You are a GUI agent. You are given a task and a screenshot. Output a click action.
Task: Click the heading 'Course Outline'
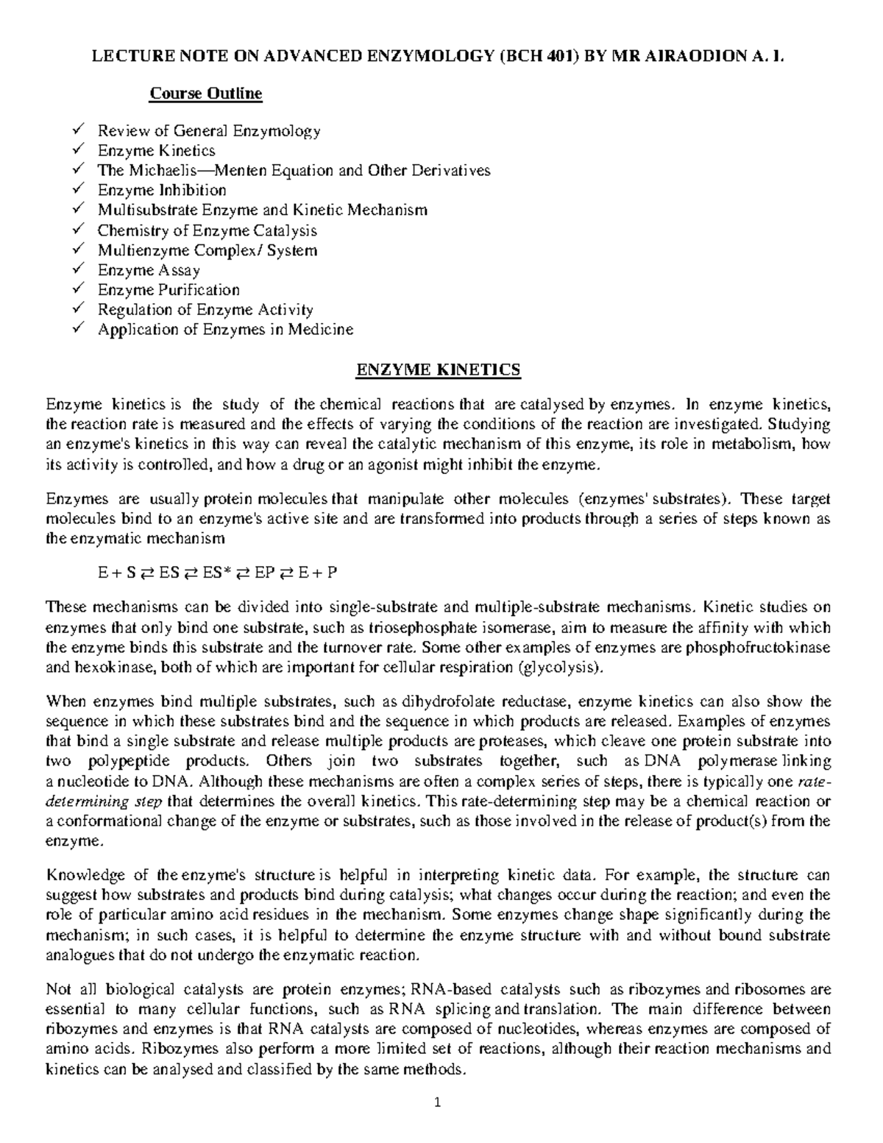205,93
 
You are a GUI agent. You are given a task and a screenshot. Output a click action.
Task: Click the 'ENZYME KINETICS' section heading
438,369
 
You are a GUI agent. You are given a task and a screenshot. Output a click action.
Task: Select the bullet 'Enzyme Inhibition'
162,190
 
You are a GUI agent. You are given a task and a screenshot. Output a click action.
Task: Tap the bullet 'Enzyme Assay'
149,269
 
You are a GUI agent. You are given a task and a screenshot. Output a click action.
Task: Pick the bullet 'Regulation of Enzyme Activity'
205,309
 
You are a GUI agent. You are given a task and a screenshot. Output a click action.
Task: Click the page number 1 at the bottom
437,1102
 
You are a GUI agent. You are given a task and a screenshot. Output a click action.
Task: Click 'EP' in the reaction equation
264,573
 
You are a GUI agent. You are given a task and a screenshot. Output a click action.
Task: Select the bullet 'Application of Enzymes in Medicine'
225,329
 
